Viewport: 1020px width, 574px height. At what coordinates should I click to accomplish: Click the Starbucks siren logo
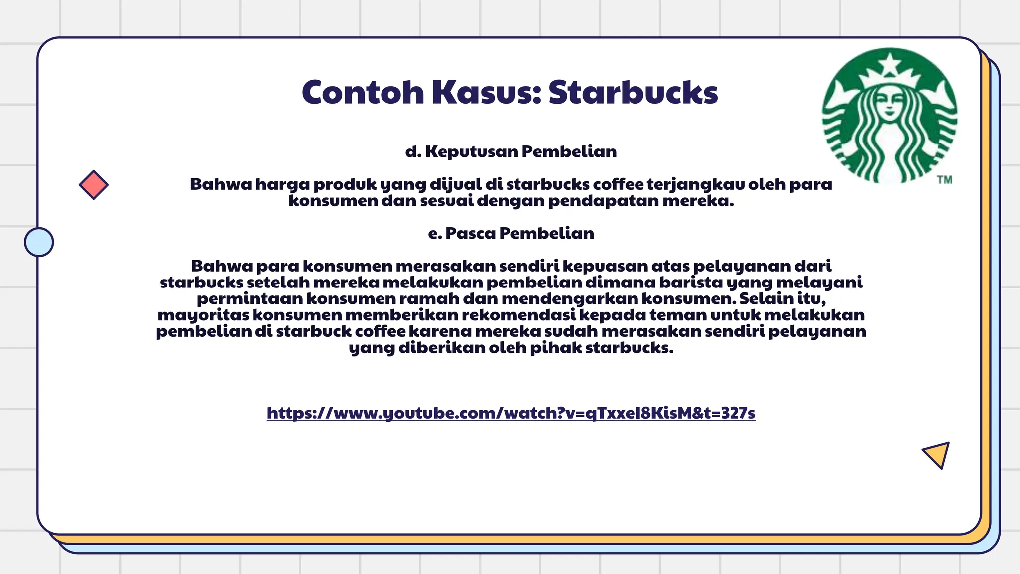889,116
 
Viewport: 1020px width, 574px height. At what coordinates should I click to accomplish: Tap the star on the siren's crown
890,63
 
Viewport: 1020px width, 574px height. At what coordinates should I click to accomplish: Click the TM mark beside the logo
944,180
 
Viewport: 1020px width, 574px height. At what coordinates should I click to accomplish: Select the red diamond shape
94,185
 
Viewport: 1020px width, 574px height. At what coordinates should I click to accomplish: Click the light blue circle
39,242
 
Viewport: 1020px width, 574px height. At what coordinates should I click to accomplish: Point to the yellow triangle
937,454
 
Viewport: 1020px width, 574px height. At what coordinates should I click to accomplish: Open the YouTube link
511,413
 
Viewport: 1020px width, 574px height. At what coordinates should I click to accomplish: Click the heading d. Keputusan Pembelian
511,151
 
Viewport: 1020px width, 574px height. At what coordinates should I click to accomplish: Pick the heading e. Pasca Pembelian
511,233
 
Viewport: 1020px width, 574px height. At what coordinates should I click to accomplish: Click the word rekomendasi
518,315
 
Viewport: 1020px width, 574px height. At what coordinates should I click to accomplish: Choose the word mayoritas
203,315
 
